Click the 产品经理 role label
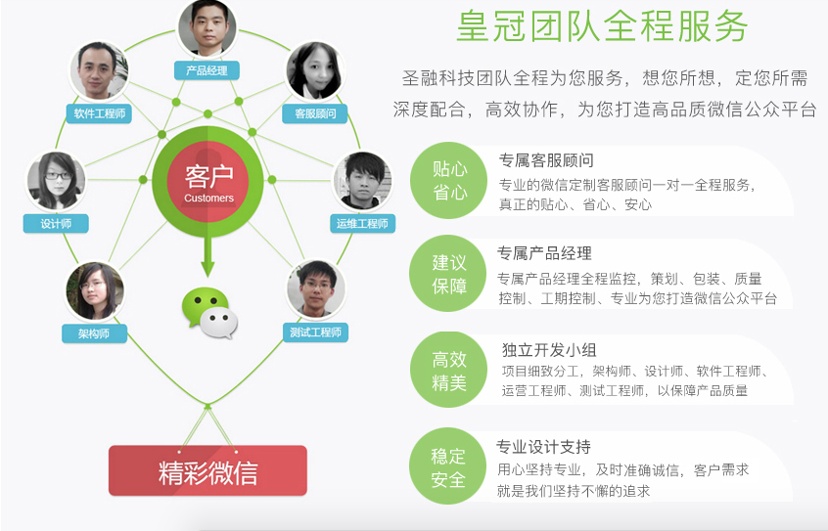pyautogui.click(x=207, y=70)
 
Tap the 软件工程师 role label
pyautogui.click(x=99, y=113)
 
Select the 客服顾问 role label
pyautogui.click(x=315, y=113)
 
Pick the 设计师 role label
pyautogui.click(x=56, y=223)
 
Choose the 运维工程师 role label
pyautogui.click(x=362, y=223)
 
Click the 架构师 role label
pyautogui.click(x=95, y=333)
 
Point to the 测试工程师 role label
pyautogui.click(x=315, y=332)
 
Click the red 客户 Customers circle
pyautogui.click(x=208, y=182)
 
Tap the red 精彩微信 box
pyautogui.click(x=208, y=470)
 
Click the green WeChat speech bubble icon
pyautogui.click(x=209, y=313)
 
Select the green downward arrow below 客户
pyautogui.click(x=207, y=257)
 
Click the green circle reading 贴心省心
pyautogui.click(x=449, y=181)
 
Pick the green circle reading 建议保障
pyautogui.click(x=449, y=274)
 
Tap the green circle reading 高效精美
pyautogui.click(x=449, y=370)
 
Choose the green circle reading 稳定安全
pyautogui.click(x=448, y=466)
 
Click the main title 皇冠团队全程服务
pyautogui.click(x=603, y=25)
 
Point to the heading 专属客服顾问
pyautogui.click(x=546, y=160)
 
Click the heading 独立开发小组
pyautogui.click(x=549, y=349)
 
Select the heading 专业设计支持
pyautogui.click(x=543, y=447)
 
